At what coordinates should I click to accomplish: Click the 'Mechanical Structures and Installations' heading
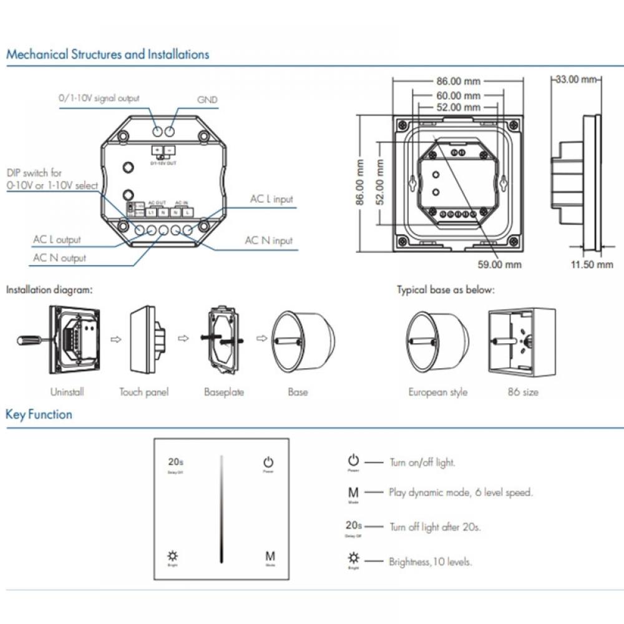click(107, 54)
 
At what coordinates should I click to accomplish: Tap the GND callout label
click(207, 100)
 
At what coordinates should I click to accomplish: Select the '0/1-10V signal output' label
click(99, 98)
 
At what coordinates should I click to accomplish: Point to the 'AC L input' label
click(271, 199)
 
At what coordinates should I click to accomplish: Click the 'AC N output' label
click(59, 258)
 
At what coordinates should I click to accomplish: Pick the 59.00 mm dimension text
click(499, 265)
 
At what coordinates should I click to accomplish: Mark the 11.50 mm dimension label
click(592, 265)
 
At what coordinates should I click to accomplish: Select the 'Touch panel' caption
click(144, 392)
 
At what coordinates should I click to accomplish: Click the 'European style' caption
click(437, 392)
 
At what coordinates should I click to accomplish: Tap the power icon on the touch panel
click(268, 462)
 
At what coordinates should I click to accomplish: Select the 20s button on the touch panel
click(175, 462)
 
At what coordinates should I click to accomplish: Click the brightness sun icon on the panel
click(172, 555)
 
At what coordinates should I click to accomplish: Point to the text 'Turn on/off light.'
click(422, 462)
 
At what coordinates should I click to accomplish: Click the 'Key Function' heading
click(39, 414)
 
